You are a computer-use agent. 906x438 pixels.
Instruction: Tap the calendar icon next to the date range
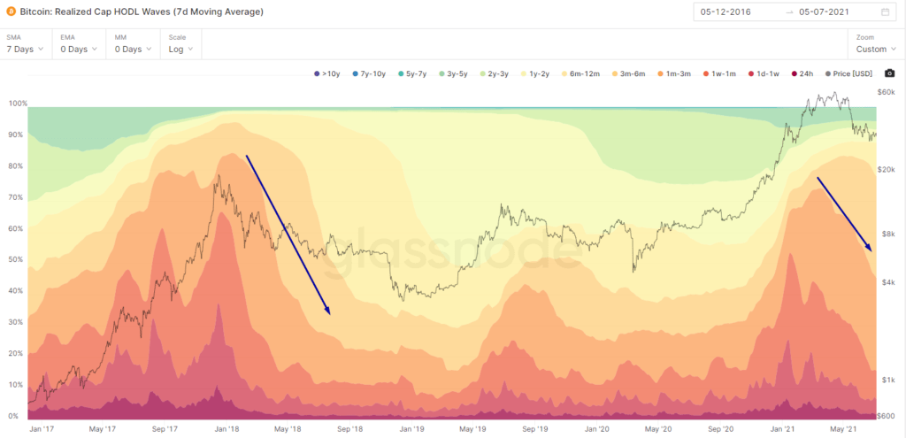[x=886, y=12]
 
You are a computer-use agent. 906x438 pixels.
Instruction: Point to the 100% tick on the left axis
[x=16, y=104]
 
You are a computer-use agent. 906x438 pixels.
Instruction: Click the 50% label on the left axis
[x=14, y=260]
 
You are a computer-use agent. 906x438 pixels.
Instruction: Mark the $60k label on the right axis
[x=886, y=92]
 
